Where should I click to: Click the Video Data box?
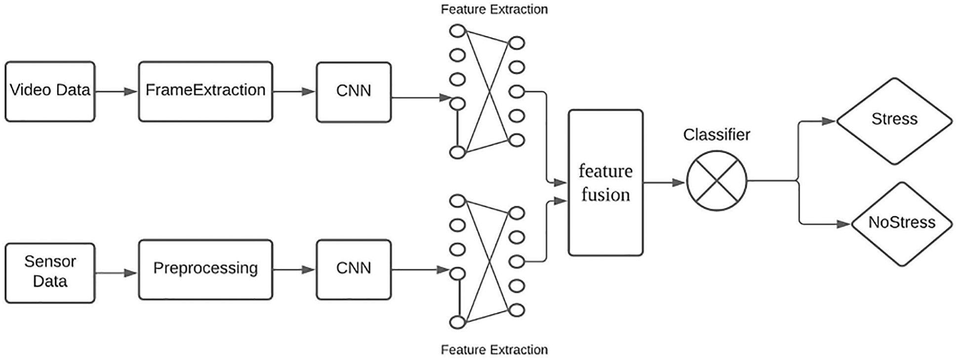click(x=50, y=91)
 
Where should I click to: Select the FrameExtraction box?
click(x=205, y=91)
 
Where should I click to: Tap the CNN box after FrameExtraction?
click(x=354, y=92)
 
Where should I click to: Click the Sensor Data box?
click(x=50, y=273)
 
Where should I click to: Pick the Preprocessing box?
click(x=205, y=270)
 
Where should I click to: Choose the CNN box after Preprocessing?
click(x=354, y=270)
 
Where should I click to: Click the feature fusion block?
click(x=605, y=183)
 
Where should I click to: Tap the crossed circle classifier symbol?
click(x=717, y=181)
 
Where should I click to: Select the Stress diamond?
click(x=894, y=121)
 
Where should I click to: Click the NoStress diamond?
click(x=902, y=224)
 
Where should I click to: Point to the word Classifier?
click(x=717, y=134)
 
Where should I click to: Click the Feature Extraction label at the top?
click(x=494, y=9)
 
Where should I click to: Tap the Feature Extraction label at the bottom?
click(x=494, y=350)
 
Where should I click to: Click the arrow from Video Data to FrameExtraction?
click(x=117, y=91)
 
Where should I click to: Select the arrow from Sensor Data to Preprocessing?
click(x=117, y=273)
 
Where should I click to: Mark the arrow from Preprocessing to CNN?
click(x=294, y=270)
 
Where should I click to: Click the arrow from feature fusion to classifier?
click(x=665, y=183)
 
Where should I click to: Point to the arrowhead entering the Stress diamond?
click(x=829, y=121)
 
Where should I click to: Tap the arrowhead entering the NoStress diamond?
click(x=844, y=224)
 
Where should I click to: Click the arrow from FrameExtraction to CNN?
click(x=294, y=91)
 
